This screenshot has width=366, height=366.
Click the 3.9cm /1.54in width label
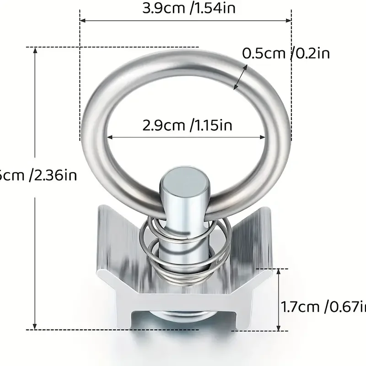point(188,9)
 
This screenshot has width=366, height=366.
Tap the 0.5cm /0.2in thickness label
point(285,54)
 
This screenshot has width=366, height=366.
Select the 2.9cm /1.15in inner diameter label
point(187,125)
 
